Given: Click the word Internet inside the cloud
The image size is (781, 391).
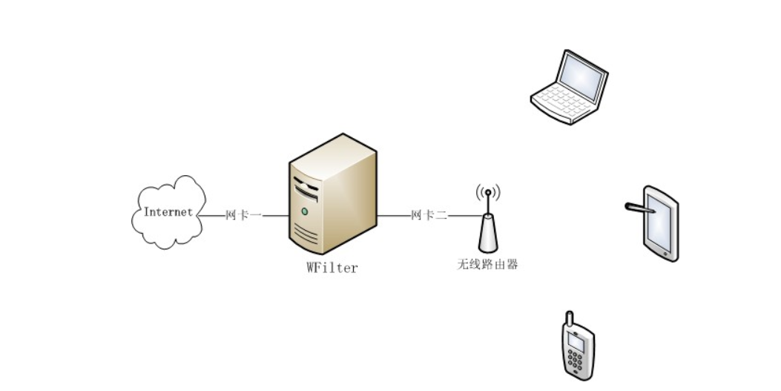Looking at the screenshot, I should pos(168,211).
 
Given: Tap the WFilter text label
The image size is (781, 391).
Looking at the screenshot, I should pos(332,267).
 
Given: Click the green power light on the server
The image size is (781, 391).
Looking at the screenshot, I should pos(304,211).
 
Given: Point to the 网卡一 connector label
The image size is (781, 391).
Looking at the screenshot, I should pos(243,215).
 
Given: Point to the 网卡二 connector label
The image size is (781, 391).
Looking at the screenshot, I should pos(429,215).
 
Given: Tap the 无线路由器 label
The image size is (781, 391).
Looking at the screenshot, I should pos(487,263).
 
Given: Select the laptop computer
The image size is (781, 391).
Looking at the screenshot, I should pos(569,88).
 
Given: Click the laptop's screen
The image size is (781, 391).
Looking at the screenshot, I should pos(582,79).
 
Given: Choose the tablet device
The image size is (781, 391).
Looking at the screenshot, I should pos(660,223).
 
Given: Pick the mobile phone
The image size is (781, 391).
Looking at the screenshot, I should pos(576,347).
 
